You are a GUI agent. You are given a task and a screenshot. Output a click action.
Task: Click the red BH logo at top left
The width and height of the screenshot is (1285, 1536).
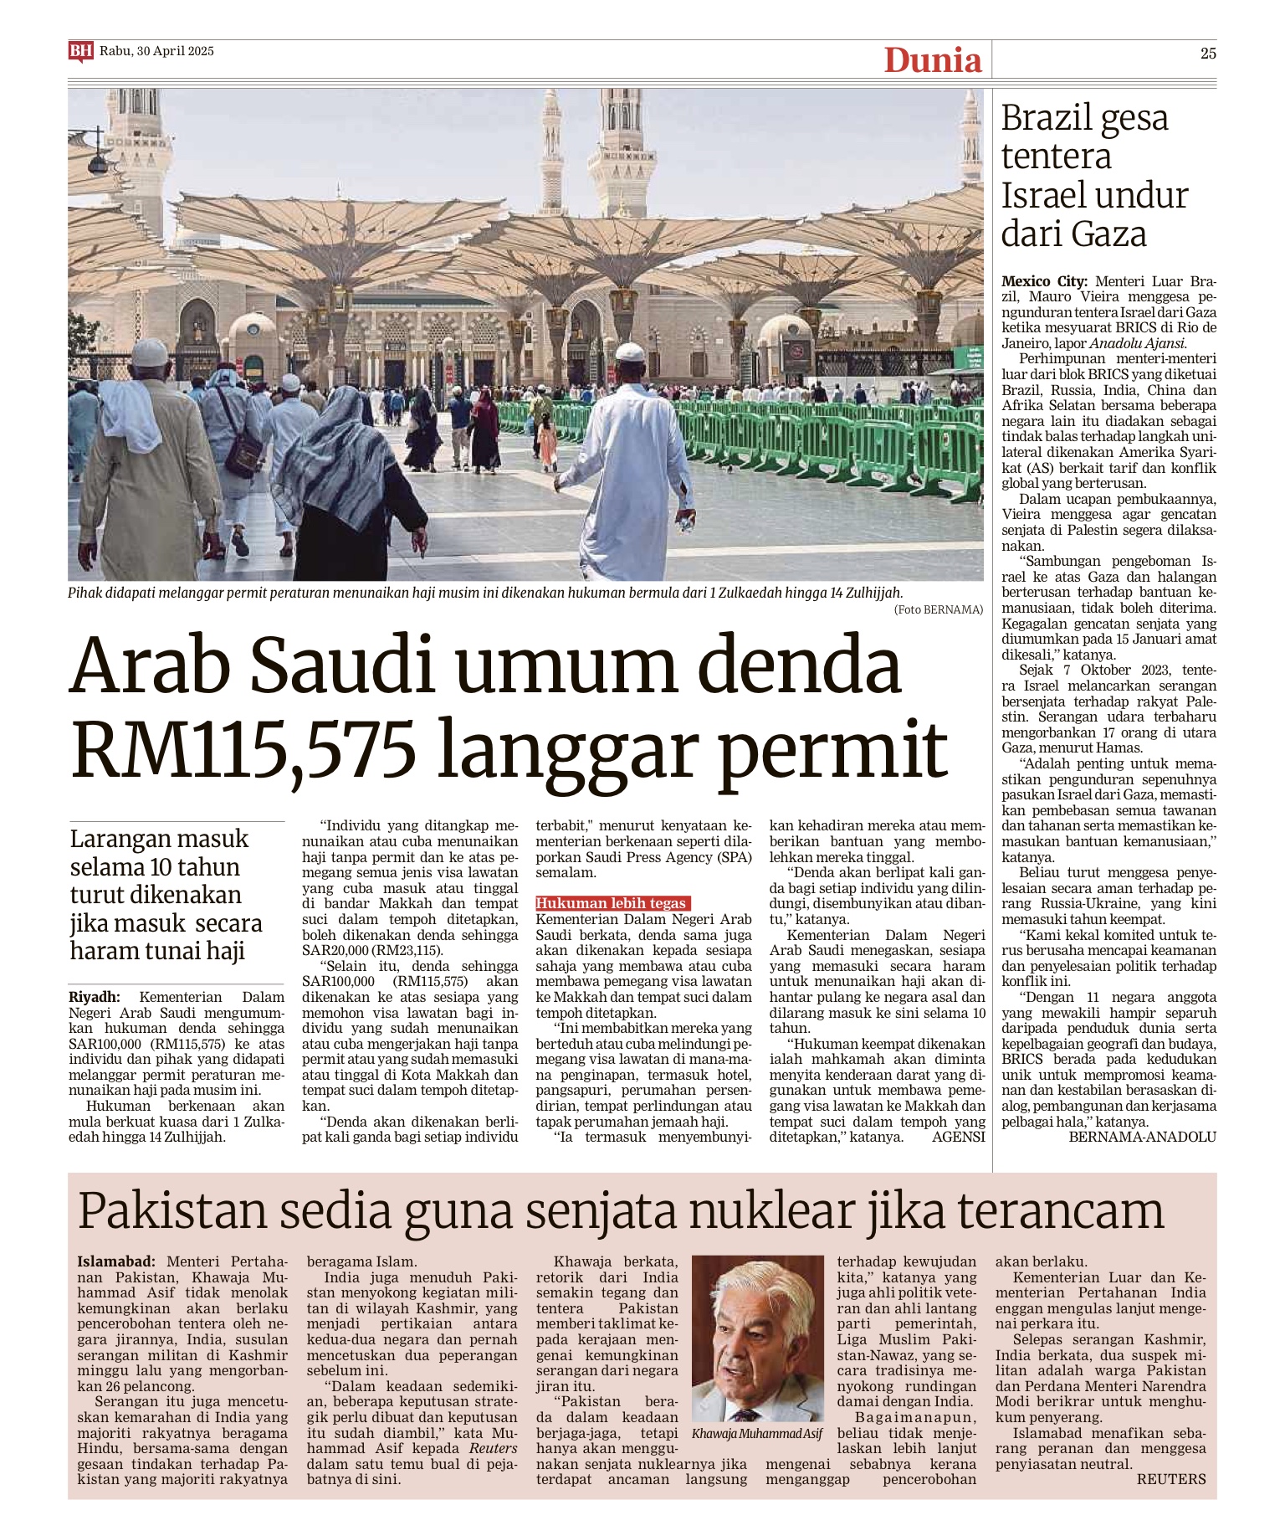coord(80,52)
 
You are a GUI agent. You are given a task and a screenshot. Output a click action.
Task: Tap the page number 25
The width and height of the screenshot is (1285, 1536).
coord(1208,54)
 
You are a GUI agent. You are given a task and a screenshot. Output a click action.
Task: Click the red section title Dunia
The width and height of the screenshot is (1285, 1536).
coord(932,60)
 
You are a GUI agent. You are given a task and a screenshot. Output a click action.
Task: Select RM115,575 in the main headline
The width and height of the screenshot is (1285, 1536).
coord(243,749)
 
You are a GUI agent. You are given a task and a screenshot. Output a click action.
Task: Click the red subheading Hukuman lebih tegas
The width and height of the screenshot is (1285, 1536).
coord(611,903)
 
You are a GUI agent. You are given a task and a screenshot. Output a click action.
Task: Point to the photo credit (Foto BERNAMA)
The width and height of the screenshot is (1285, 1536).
coord(939,609)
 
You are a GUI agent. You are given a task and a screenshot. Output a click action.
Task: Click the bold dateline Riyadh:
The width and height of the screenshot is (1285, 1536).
coord(95,997)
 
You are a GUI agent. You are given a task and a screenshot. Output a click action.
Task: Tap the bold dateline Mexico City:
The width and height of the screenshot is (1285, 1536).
coord(1044,281)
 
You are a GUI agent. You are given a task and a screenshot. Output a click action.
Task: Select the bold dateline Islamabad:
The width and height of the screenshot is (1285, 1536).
coord(115,1261)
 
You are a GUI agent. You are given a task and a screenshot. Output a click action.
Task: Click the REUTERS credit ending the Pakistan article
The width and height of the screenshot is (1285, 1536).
coord(1170,1479)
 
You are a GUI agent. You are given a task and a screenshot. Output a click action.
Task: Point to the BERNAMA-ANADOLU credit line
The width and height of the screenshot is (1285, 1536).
coord(1142,1137)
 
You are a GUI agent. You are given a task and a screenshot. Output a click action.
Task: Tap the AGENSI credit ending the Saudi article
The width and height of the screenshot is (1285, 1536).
coord(958,1137)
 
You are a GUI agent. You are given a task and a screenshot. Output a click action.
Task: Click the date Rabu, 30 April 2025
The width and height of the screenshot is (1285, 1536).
coord(156,51)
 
